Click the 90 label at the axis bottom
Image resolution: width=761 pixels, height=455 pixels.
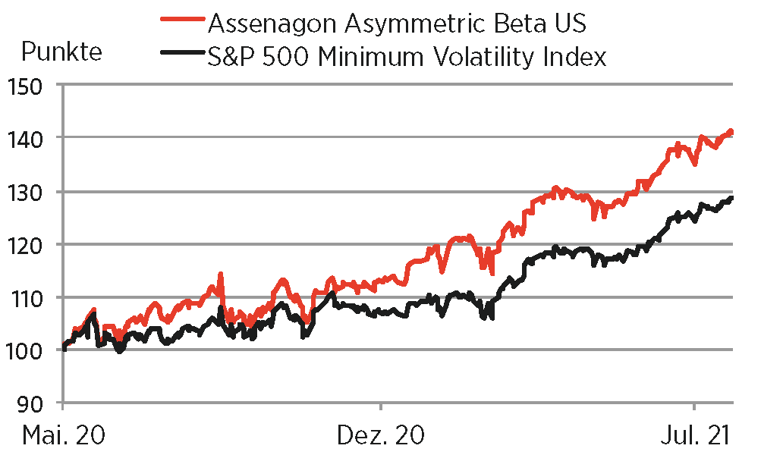coord(36,403)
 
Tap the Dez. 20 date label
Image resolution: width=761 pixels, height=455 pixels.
coord(382,435)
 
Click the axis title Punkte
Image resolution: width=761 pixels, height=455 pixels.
coord(61,53)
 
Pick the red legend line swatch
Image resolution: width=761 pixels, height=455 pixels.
coord(182,23)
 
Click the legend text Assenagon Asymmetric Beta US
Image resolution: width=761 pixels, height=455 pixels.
coord(396,24)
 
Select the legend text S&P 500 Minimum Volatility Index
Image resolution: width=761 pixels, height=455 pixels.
coord(407,56)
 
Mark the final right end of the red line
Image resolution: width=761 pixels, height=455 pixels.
coord(731,132)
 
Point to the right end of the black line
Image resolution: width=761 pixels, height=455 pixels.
coord(732,198)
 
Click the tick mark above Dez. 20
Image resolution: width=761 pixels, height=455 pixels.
coord(382,407)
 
